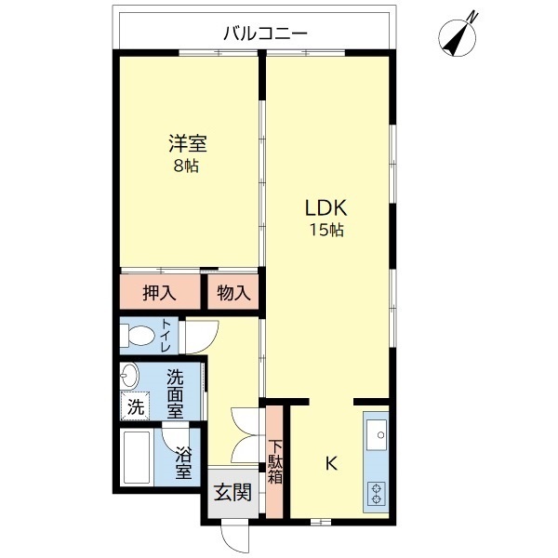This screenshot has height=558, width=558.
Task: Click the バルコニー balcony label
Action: point(265,34)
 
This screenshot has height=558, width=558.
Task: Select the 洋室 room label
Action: point(187,145)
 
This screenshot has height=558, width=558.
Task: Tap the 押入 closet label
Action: point(159,293)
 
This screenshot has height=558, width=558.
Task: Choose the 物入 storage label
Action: point(233,293)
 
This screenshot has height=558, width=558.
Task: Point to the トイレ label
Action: point(166,336)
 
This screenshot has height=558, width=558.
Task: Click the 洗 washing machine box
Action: point(136,406)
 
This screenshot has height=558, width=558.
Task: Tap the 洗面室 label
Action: point(176,392)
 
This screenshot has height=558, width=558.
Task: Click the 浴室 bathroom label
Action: point(183,462)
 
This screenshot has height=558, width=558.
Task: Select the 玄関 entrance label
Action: point(232,492)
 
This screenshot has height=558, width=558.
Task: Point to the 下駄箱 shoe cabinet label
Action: point(276,461)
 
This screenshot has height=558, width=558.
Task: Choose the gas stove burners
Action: point(377,492)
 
